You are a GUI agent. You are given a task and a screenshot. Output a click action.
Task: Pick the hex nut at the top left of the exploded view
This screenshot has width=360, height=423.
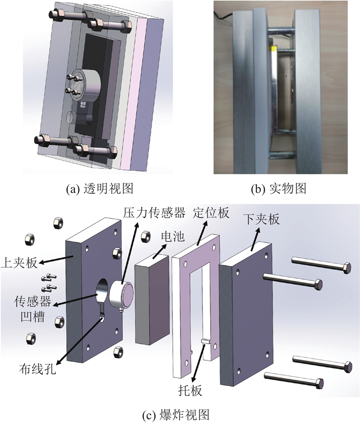pyautogui.click(x=58, y=221)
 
